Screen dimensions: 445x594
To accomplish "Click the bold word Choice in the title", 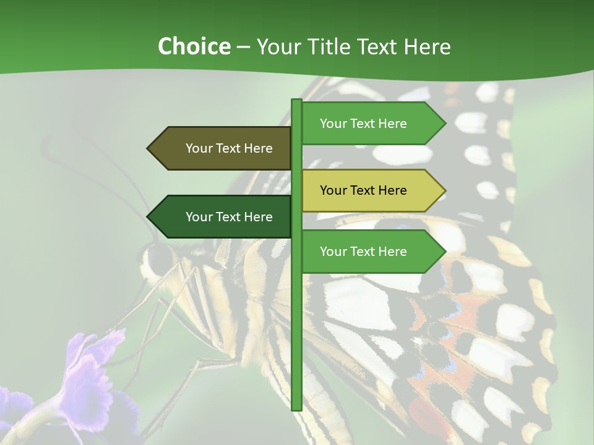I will (194, 46).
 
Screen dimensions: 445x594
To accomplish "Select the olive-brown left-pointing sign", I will (223, 148).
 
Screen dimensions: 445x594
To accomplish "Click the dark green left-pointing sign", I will (223, 216).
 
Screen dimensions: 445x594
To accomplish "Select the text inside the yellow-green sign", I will (363, 190).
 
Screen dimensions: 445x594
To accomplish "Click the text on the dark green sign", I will (229, 216).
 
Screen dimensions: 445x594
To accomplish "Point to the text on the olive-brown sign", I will (229, 148).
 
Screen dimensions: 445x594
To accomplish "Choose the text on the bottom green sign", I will (363, 251).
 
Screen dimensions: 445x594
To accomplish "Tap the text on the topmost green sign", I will (363, 123).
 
